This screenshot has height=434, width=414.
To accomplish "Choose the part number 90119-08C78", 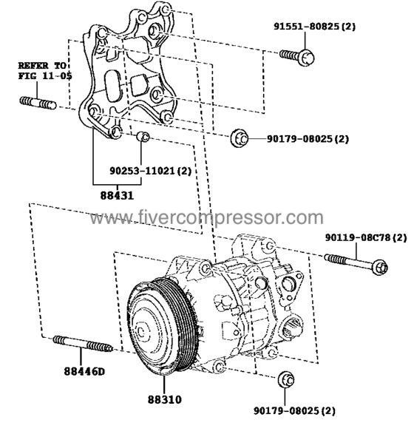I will [365, 237].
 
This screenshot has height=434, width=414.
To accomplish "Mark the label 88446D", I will [84, 370].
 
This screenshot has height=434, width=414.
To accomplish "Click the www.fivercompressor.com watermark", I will [206, 219].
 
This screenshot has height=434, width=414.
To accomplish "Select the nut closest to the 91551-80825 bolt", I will [238, 138].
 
